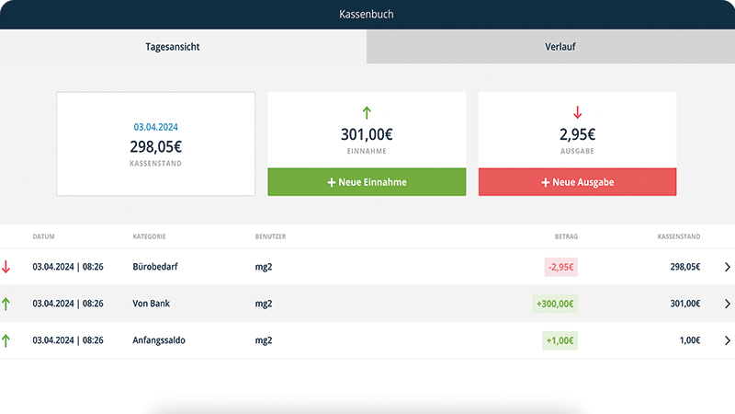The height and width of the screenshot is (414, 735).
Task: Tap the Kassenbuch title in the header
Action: pos(367,15)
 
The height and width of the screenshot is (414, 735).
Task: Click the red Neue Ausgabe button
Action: pos(577,182)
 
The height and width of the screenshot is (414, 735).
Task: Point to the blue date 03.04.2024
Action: pos(154,127)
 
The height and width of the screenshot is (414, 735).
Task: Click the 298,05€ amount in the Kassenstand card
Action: pos(154,145)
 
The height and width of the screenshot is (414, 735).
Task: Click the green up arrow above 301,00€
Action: pos(367,113)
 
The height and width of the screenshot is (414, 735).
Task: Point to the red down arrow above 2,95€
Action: pos(577,113)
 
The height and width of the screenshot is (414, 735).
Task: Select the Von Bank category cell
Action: pos(153,304)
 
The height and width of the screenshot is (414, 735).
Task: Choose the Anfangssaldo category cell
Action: pos(159,340)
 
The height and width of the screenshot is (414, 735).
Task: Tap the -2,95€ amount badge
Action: pos(560,267)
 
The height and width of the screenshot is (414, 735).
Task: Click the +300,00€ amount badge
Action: pos(554,304)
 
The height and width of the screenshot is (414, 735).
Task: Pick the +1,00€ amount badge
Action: pos(560,340)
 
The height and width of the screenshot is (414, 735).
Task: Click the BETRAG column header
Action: pos(566,236)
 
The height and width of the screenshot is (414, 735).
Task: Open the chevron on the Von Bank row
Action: pos(728,304)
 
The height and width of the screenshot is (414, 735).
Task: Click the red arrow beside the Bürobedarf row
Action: pos(6,267)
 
